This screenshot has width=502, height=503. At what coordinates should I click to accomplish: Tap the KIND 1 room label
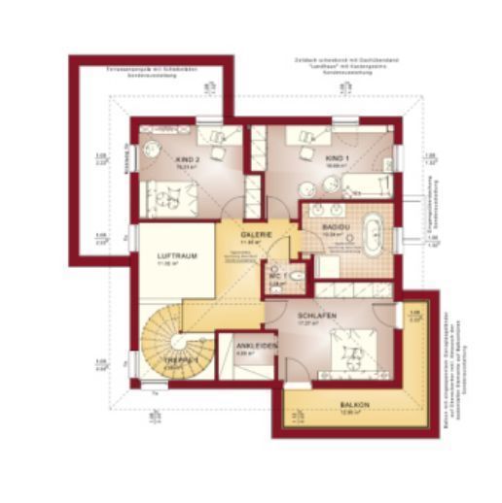point(337,157)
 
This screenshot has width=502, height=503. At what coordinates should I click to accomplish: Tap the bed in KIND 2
point(171,198)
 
